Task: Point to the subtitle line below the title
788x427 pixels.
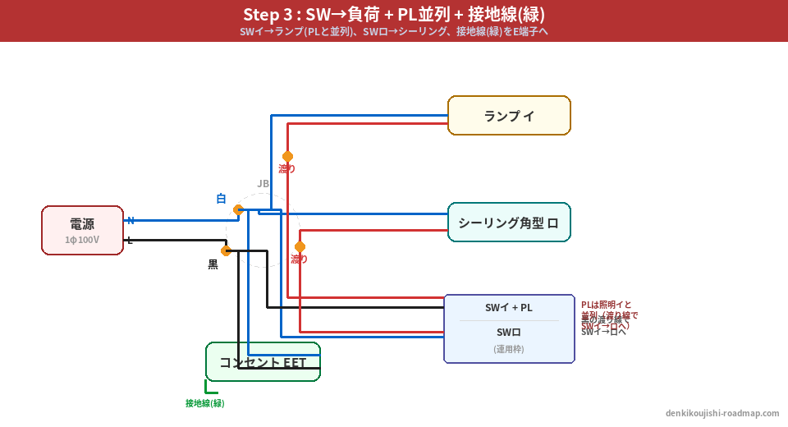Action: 393,32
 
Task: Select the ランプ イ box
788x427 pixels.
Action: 509,116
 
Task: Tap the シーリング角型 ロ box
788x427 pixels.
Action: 509,223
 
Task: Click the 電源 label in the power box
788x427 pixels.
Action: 82,224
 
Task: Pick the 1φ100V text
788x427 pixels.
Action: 82,240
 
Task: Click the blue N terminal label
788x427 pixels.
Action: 131,220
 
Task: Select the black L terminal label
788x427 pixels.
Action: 130,240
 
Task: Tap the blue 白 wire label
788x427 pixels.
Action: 221,199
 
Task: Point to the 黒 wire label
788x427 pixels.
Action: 213,264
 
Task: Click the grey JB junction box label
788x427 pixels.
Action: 263,183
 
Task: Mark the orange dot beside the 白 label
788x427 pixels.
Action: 238,209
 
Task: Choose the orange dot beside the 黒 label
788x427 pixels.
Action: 226,250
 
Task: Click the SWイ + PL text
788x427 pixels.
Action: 509,308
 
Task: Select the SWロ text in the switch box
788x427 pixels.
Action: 509,333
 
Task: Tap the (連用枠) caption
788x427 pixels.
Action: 509,349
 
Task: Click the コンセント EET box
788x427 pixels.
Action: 263,362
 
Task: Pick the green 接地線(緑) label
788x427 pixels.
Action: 204,403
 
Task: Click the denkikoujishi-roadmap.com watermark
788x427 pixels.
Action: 722,413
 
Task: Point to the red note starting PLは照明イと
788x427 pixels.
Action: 607,305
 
